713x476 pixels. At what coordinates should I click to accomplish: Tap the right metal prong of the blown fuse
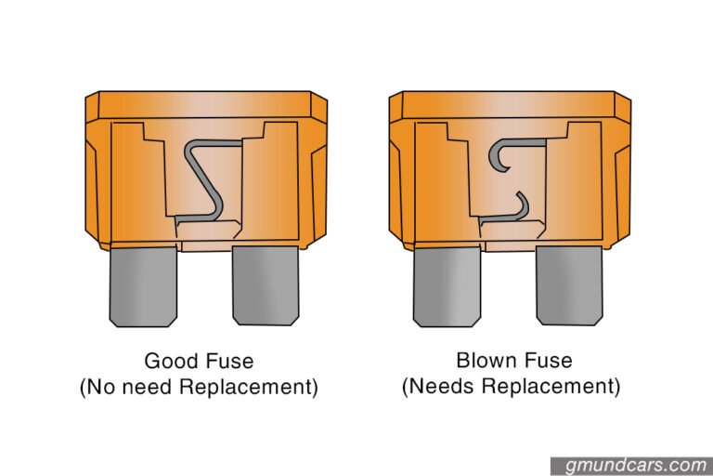[568, 285]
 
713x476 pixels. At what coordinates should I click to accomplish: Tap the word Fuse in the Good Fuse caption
[229, 362]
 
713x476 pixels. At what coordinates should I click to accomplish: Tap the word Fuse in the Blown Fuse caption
[546, 361]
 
